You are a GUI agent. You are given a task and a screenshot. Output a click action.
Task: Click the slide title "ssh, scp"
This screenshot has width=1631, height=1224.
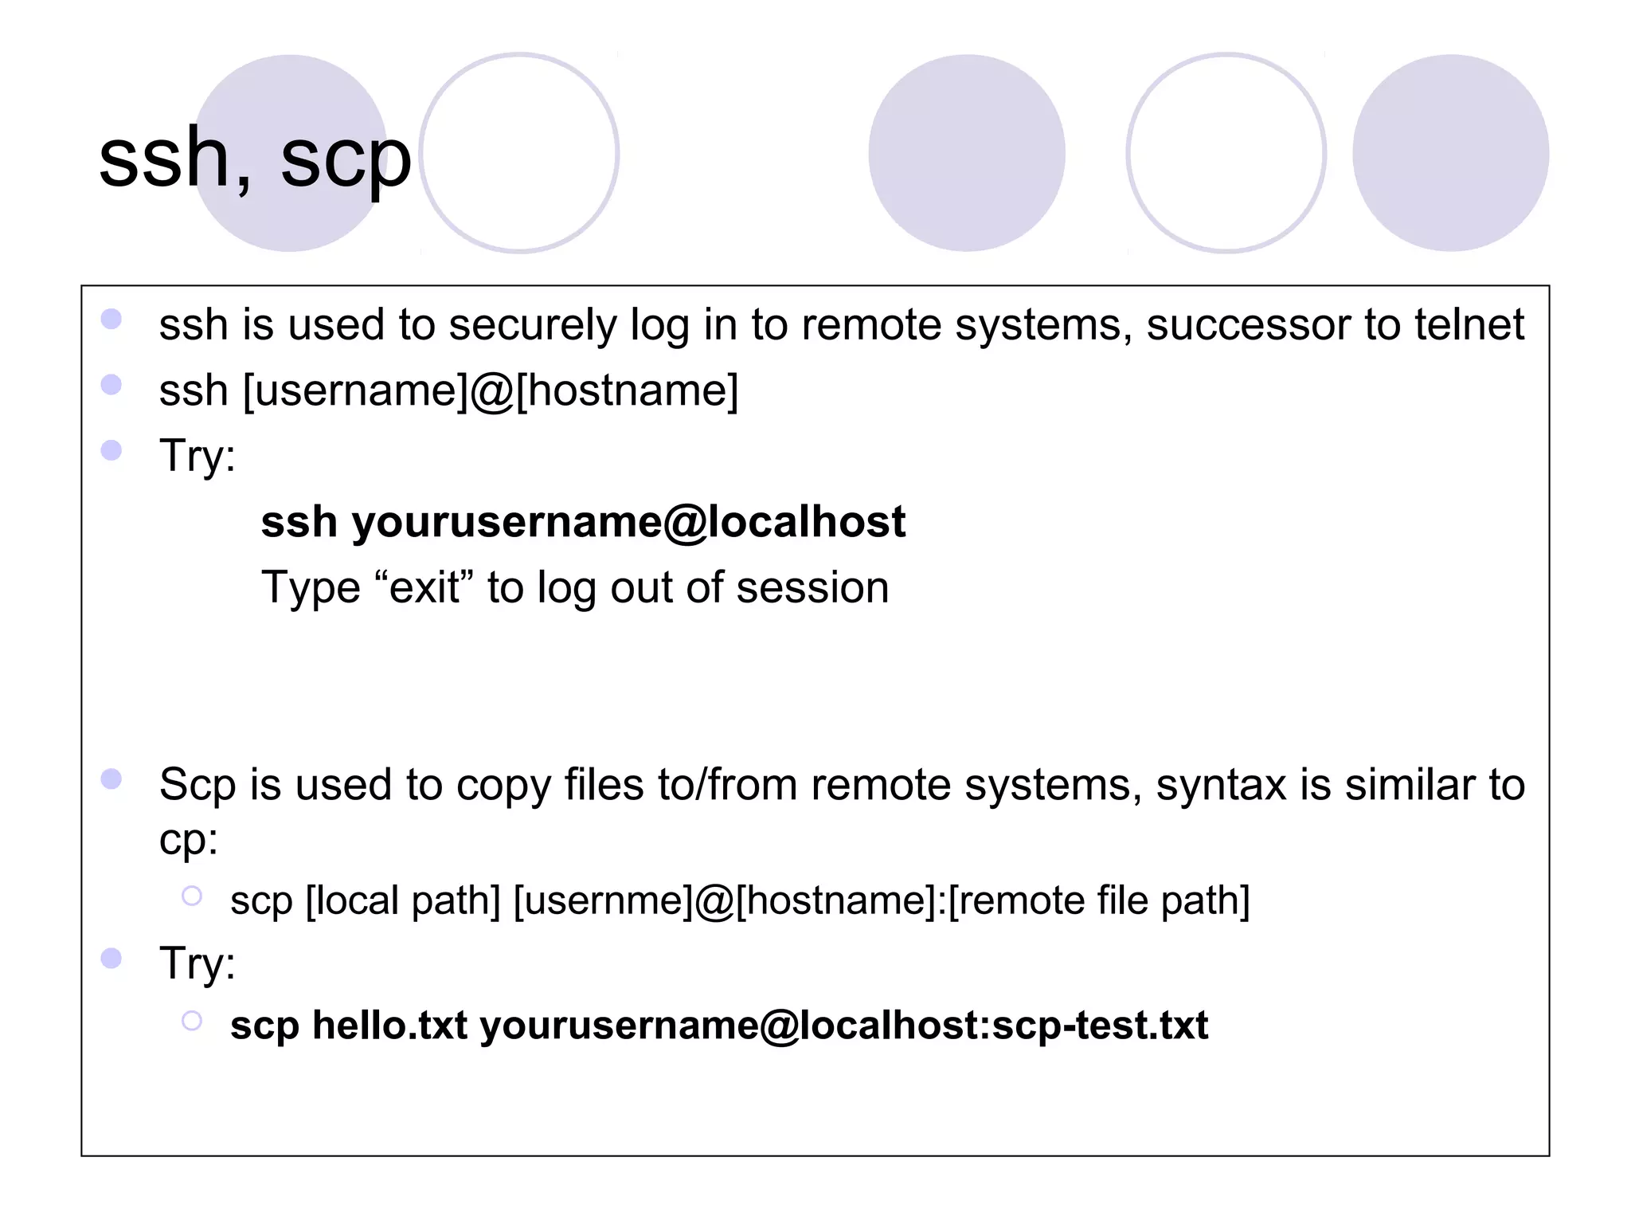(255, 159)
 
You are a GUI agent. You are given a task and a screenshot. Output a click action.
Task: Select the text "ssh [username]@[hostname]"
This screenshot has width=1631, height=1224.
(448, 391)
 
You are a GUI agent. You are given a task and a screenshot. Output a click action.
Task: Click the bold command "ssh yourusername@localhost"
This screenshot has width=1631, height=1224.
(583, 523)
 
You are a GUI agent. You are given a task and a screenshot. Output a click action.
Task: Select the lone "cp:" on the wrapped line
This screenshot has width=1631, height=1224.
(189, 840)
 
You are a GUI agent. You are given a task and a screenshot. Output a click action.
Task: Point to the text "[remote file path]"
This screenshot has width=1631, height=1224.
(1099, 901)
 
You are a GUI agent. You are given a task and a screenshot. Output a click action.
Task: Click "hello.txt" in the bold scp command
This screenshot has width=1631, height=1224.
(389, 1026)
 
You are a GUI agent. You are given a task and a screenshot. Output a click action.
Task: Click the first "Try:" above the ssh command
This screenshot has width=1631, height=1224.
(198, 457)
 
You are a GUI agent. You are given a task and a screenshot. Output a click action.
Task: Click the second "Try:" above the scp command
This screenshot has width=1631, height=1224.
(198, 963)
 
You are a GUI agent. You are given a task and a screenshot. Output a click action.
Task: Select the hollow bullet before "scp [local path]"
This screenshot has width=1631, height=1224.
(192, 896)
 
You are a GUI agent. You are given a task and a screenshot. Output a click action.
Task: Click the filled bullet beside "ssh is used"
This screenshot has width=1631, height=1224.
(111, 320)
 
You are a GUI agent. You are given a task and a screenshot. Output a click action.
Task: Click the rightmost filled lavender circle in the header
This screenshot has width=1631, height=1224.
(1450, 153)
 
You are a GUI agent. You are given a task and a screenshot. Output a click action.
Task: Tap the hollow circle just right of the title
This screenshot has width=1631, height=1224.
(519, 153)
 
